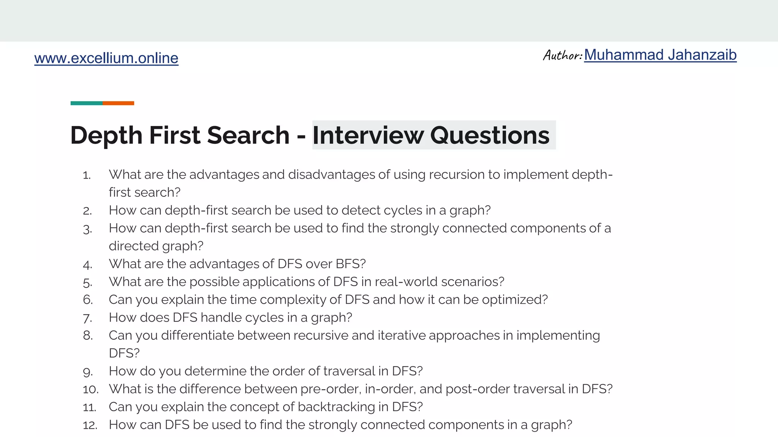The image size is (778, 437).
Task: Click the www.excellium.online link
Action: click(106, 58)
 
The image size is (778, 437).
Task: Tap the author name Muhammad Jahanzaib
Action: click(660, 55)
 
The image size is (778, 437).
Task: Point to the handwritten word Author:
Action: click(563, 55)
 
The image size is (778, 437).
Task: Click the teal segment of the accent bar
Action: click(87, 103)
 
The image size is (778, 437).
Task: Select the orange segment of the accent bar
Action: click(118, 103)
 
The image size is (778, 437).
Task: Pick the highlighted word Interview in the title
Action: click(368, 135)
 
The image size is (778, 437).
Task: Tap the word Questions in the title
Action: click(490, 135)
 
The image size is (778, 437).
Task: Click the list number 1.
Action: click(87, 175)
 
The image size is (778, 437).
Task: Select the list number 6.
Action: click(88, 300)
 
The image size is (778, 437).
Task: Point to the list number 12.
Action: click(90, 425)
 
